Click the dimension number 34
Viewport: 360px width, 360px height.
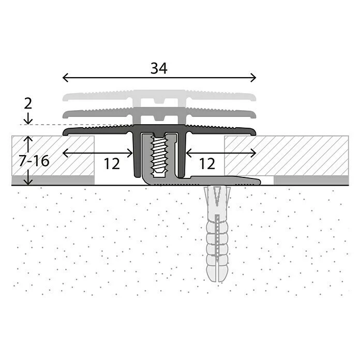[159, 68]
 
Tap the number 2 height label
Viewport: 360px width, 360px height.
[28, 102]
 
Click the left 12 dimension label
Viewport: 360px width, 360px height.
[111, 163]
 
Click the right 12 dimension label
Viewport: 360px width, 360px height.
[206, 163]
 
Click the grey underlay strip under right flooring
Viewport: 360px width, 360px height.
[311, 180]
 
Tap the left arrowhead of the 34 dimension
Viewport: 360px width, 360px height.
[65, 78]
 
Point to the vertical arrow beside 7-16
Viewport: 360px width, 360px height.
[28, 161]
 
